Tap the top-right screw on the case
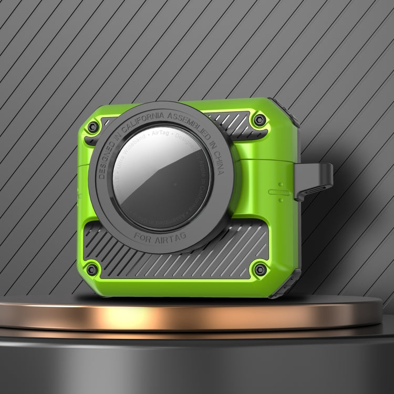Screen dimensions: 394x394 (x=258, y=121)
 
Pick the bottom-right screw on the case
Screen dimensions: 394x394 (x=258, y=270)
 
